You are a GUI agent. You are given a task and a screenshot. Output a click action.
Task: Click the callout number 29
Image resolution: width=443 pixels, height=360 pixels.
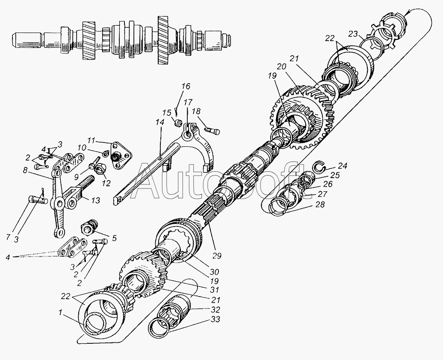coord(217,256)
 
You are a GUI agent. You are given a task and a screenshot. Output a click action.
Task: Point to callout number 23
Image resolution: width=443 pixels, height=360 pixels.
coord(353,34)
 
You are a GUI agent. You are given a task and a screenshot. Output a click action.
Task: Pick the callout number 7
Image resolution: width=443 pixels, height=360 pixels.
coord(9,237)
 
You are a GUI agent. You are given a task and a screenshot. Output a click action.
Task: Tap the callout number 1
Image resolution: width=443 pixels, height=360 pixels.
coord(60,312)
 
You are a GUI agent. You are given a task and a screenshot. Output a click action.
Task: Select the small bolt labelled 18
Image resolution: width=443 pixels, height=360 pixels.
coord(212,131)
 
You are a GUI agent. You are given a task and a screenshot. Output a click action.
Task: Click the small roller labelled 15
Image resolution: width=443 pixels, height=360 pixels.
coord(178,123)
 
